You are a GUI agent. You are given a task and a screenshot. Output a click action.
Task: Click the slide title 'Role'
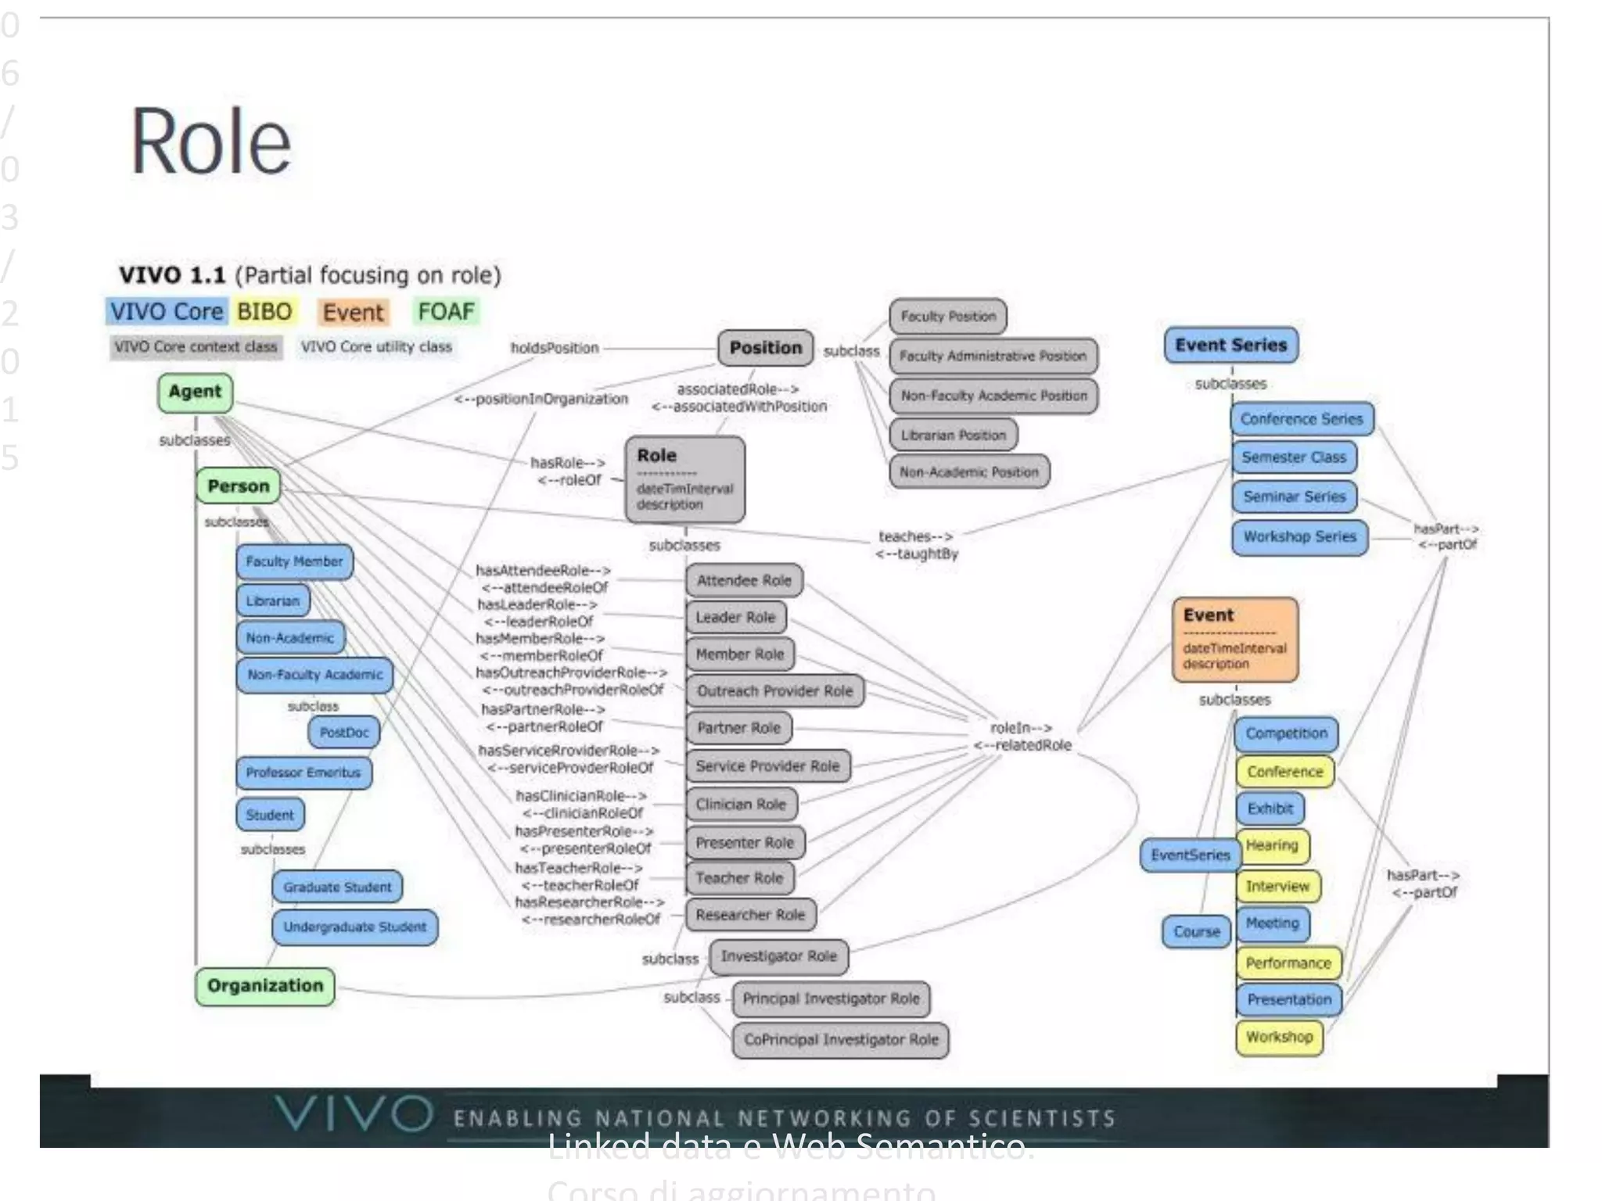pyautogui.click(x=211, y=142)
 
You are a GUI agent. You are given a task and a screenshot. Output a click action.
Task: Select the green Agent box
pyautogui.click(x=196, y=393)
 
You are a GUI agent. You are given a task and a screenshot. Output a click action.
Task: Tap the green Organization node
pyautogui.click(x=265, y=986)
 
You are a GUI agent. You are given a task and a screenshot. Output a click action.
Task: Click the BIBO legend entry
pyautogui.click(x=264, y=312)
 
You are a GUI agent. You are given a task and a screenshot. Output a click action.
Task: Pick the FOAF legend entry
pyautogui.click(x=446, y=312)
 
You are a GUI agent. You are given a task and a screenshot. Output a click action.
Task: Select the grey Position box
pyautogui.click(x=765, y=348)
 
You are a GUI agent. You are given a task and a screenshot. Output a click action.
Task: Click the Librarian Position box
pyautogui.click(x=953, y=435)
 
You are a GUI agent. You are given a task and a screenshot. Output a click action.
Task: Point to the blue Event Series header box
pyautogui.click(x=1230, y=345)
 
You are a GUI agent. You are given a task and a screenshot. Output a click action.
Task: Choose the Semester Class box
pyautogui.click(x=1294, y=457)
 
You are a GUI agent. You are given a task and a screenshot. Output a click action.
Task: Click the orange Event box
pyautogui.click(x=1235, y=639)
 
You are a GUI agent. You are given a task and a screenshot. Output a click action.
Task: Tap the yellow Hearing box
pyautogui.click(x=1272, y=845)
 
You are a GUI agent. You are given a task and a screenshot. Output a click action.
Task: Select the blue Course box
pyautogui.click(x=1196, y=932)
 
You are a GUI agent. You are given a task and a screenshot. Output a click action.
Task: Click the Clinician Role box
pyautogui.click(x=741, y=804)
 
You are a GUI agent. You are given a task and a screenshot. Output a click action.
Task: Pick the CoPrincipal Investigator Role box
pyautogui.click(x=841, y=1040)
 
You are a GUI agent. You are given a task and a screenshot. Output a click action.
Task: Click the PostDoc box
pyautogui.click(x=344, y=733)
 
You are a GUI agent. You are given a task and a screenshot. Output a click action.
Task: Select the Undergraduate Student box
pyautogui.click(x=354, y=927)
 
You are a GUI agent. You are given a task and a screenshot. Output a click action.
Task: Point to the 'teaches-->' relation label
pyautogui.click(x=915, y=536)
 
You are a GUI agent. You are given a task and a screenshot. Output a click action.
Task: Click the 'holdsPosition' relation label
pyautogui.click(x=555, y=348)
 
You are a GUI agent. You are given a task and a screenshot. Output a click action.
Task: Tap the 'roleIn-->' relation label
pyautogui.click(x=1021, y=728)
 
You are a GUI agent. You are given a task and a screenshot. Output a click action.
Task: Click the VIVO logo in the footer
pyautogui.click(x=354, y=1113)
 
